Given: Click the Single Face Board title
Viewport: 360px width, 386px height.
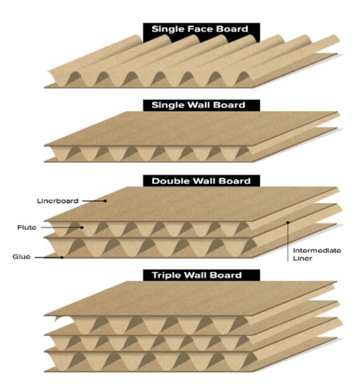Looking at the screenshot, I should click(x=201, y=29).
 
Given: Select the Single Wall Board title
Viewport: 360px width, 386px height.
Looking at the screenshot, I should click(x=202, y=105).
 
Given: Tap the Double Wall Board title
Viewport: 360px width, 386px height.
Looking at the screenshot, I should click(x=201, y=180).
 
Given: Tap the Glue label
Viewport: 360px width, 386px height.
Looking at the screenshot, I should click(x=20, y=257).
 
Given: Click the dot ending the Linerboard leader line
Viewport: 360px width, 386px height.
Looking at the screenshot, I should click(x=106, y=201).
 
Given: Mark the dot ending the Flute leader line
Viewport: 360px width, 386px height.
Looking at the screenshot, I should click(x=82, y=228).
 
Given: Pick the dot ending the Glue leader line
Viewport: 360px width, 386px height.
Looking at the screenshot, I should click(x=62, y=257).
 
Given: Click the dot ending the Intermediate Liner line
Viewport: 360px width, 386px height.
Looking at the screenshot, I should click(x=288, y=223).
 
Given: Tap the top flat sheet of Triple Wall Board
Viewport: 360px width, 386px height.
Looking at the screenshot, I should click(x=180, y=300).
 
